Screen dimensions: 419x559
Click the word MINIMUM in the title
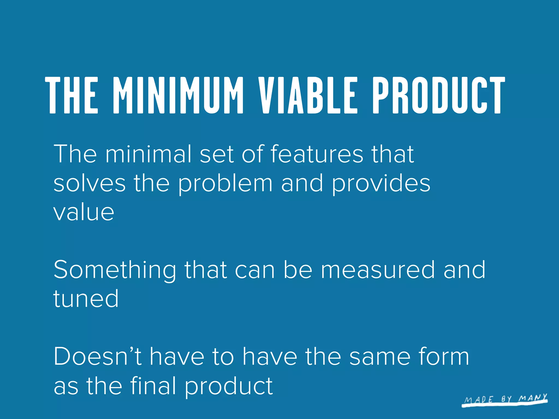pos(178,95)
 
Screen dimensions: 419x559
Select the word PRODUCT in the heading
pos(439,95)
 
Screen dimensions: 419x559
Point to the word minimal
pos(148,154)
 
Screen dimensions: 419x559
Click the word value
pos(84,213)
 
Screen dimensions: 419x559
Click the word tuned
pos(86,299)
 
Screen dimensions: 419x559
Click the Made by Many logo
pos(505,400)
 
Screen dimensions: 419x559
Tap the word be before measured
pos(298,270)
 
